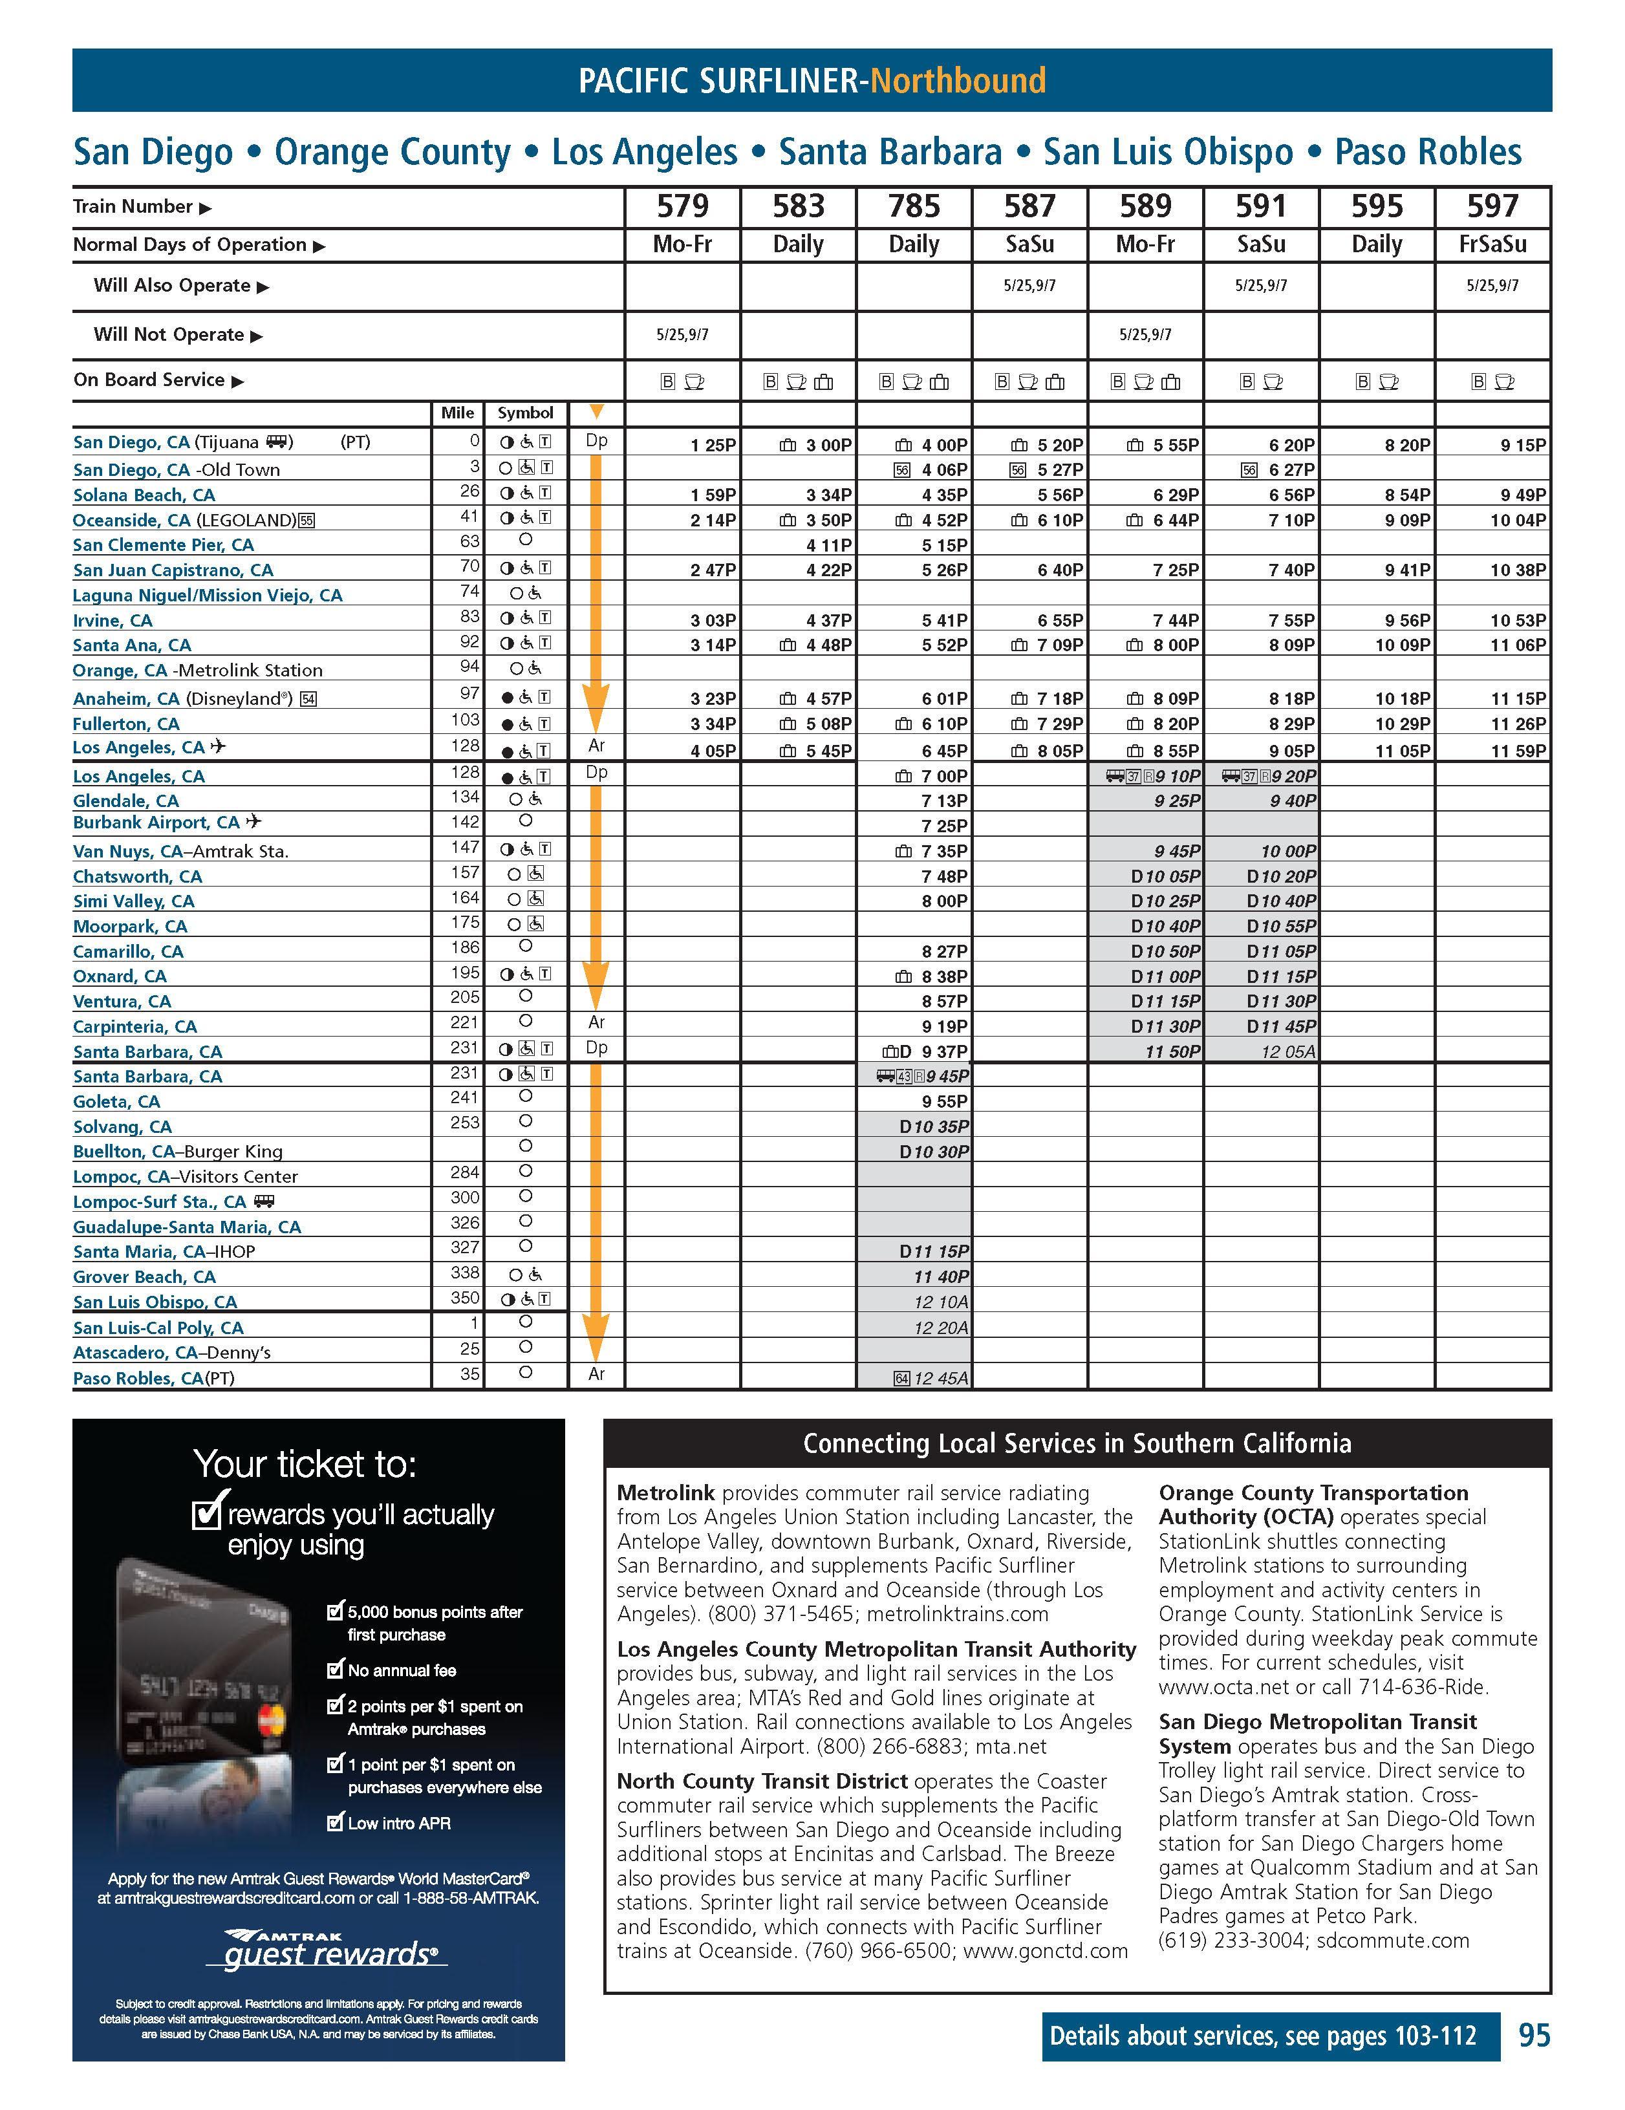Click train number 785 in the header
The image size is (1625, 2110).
[x=913, y=206]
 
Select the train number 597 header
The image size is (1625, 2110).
[x=1492, y=206]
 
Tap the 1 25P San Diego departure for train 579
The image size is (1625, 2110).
[x=713, y=446]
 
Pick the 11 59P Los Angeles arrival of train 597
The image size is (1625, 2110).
[x=1517, y=751]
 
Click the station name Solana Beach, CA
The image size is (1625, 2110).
[x=144, y=495]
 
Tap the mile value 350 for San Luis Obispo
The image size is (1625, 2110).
[x=466, y=1299]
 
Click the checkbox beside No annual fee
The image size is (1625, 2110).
[x=335, y=1670]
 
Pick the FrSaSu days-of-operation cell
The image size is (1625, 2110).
[x=1492, y=244]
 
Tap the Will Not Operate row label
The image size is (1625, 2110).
[x=168, y=335]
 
